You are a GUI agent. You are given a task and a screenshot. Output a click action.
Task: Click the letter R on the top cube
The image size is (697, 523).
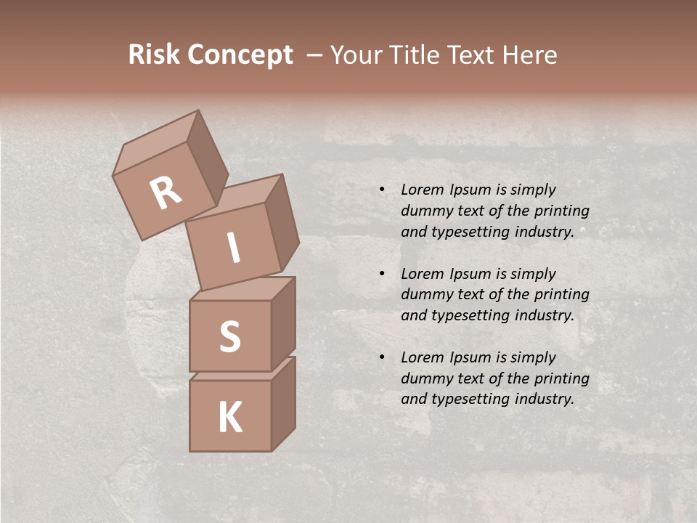tap(166, 192)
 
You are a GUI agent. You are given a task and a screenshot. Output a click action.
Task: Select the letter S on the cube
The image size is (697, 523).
tap(229, 336)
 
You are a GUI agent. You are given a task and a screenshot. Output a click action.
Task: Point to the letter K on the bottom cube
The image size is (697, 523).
tap(229, 418)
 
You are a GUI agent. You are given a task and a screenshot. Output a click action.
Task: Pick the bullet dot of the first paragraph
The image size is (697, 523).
tap(382, 190)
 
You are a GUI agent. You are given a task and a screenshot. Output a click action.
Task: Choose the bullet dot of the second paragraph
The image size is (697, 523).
tap(382, 274)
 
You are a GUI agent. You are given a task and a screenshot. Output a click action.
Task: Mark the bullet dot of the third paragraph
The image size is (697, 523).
tap(382, 357)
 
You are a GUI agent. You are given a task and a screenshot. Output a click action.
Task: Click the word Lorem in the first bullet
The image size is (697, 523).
tap(421, 190)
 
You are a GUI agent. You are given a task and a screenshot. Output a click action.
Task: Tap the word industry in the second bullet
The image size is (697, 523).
tap(544, 315)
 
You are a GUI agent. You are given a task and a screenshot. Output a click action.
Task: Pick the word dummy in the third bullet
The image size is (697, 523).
tap(425, 378)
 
